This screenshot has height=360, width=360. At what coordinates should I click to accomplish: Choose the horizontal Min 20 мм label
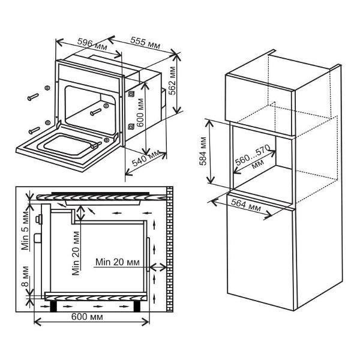[117, 262]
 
